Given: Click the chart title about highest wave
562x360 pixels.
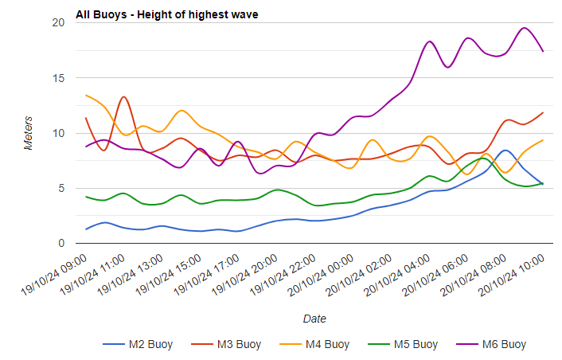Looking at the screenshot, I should pos(166,14).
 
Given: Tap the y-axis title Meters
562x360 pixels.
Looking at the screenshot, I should pos(29,133).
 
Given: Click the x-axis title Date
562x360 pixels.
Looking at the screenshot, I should pos(314,319).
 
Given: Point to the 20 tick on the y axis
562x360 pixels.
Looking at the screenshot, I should pos(57,22).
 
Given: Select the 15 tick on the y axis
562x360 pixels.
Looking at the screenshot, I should pos(57,78).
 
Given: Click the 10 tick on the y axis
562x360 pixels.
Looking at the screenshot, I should pos(57,133).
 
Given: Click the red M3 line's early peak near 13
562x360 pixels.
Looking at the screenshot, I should pos(124,97).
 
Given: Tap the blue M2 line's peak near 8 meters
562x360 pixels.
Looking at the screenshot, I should pos(505,150).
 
